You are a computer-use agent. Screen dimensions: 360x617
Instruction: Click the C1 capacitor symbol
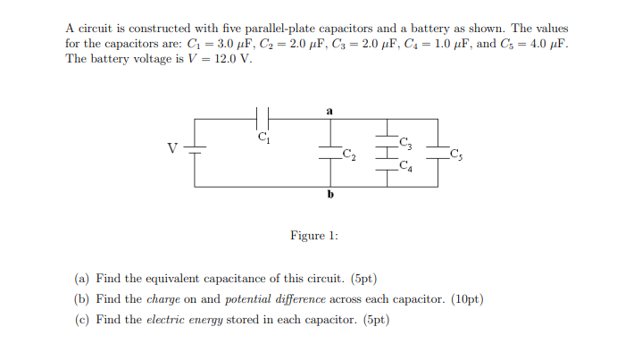[263, 118]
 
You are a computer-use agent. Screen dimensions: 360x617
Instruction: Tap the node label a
[330, 111]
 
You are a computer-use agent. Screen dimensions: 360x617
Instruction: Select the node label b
[330, 194]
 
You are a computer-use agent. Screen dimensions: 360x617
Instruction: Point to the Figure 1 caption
[308, 236]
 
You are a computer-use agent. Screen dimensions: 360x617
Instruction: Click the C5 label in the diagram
[456, 156]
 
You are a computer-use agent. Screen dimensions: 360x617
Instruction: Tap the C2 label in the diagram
[349, 156]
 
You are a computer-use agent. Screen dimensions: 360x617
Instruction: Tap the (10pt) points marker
[468, 299]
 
